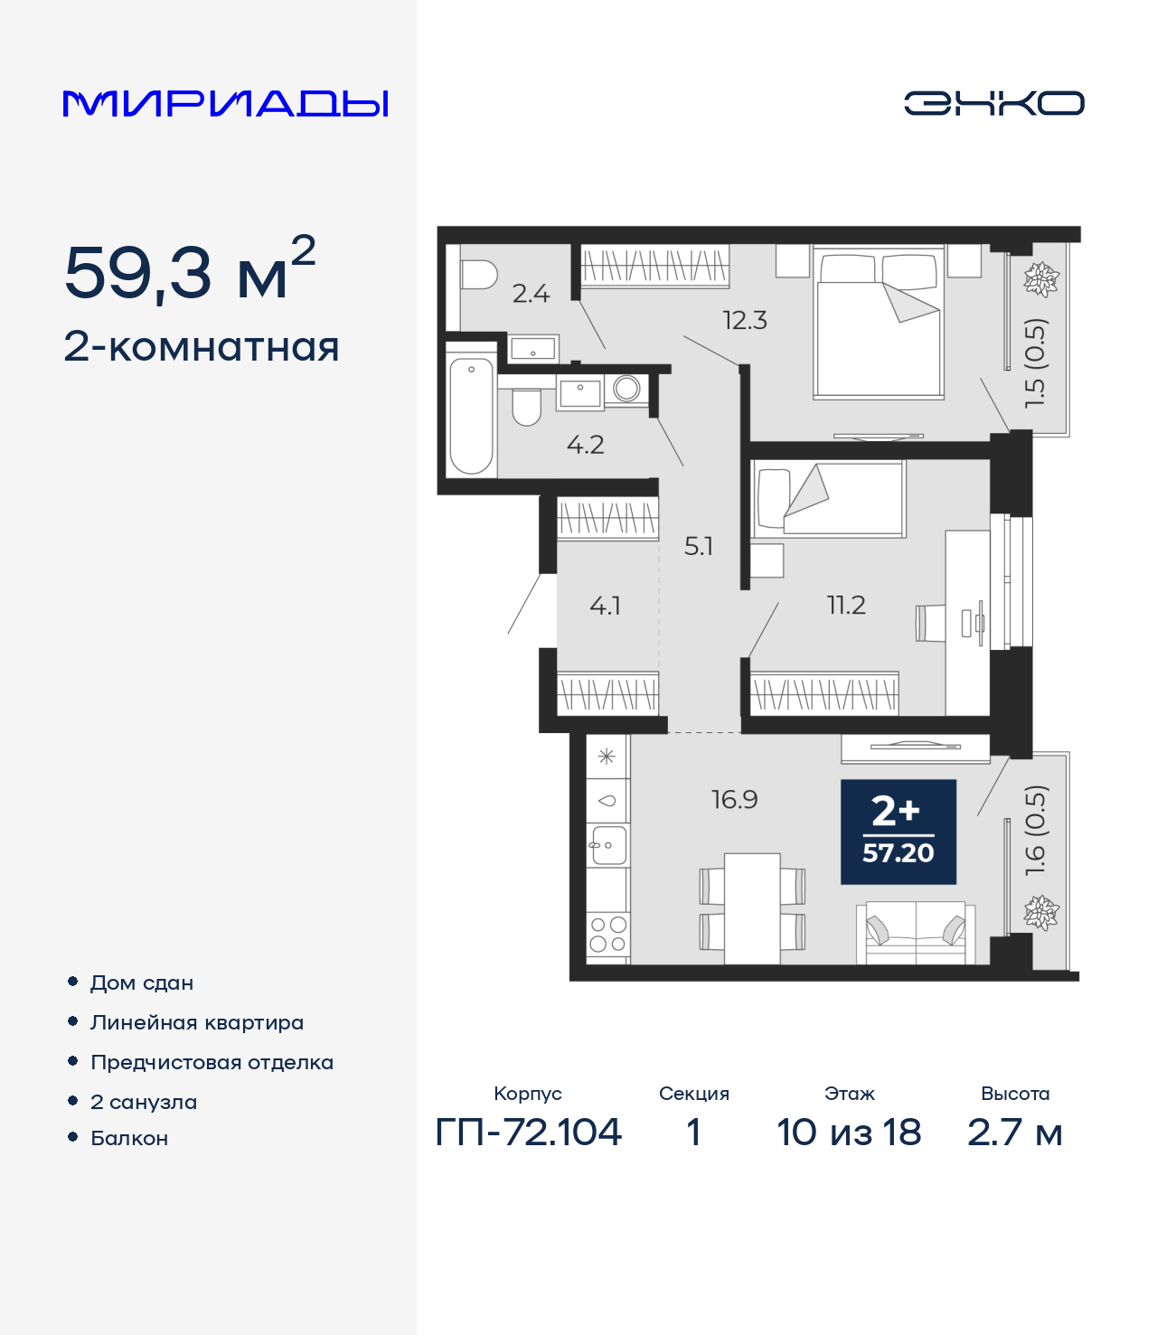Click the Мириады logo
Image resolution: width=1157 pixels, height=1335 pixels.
(225, 104)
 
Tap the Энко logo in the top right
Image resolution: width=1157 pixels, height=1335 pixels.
(993, 103)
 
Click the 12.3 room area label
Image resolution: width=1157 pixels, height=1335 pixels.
(744, 320)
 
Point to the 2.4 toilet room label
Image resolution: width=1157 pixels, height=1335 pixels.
(531, 294)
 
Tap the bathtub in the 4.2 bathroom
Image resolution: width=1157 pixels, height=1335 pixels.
(471, 415)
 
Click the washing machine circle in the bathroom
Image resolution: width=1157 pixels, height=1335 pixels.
(626, 389)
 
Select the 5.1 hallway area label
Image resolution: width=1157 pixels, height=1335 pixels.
(698, 546)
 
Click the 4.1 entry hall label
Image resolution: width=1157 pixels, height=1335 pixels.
(605, 606)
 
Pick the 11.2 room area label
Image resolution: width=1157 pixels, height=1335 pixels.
(846, 605)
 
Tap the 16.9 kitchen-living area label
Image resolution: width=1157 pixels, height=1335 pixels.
(734, 799)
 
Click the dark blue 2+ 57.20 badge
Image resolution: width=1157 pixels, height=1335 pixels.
(898, 832)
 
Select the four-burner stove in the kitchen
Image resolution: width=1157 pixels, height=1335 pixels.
(607, 934)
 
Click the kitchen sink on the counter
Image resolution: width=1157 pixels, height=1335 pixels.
(607, 846)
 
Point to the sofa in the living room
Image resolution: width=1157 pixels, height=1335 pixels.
(916, 932)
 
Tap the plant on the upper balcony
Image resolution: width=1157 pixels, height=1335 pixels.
(1040, 279)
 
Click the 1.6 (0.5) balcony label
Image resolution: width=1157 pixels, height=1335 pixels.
(1036, 830)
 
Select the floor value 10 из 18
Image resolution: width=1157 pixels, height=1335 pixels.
(849, 1132)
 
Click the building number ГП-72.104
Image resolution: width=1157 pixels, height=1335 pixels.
(529, 1132)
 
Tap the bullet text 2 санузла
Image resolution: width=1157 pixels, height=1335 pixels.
(144, 1102)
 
